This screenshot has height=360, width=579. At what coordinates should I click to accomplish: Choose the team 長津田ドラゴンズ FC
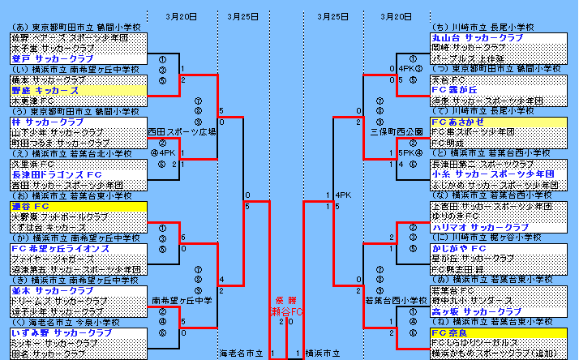pos(56,174)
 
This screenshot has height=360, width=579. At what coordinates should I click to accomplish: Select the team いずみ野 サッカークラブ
pos(61,332)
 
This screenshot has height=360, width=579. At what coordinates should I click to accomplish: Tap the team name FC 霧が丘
pos(452,90)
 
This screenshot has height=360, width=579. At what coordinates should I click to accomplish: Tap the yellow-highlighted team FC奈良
pos(448,332)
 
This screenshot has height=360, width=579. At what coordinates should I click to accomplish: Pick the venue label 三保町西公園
pos(392,130)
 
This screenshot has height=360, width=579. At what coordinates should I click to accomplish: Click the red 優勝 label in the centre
pos(285,299)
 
